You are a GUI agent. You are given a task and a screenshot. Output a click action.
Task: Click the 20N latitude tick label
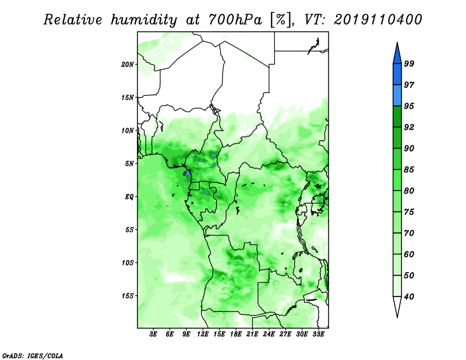[x=128, y=65]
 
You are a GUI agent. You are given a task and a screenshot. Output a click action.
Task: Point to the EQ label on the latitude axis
[x=129, y=197]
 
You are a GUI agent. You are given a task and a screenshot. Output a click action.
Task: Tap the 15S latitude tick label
[x=128, y=296]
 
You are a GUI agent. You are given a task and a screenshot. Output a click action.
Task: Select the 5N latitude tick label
[x=129, y=164]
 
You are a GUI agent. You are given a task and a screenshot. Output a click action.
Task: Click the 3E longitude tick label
[x=153, y=334]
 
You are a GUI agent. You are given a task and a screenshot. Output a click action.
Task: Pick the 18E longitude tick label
[x=236, y=334]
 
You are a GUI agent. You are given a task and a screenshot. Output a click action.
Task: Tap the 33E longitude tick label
[x=318, y=334]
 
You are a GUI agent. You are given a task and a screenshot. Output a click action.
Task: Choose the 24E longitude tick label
[x=269, y=334]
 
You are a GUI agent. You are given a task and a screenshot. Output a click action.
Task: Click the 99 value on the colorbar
[x=409, y=63]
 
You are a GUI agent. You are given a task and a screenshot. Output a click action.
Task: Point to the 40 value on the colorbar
[x=409, y=297]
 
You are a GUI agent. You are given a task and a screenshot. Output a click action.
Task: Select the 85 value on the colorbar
[x=409, y=170]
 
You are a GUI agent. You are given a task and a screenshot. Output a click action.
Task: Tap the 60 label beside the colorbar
[x=409, y=254]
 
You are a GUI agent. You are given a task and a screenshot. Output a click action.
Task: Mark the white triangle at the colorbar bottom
[x=397, y=306]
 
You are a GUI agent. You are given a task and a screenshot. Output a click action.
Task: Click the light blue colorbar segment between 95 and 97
[x=397, y=96]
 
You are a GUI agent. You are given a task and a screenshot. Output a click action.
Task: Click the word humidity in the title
[x=144, y=20]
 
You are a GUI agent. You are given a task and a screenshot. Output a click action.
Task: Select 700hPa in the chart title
[x=235, y=20]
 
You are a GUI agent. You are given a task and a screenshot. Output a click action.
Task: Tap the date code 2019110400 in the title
[x=377, y=20]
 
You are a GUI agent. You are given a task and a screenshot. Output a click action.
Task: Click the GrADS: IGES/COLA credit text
[x=33, y=355]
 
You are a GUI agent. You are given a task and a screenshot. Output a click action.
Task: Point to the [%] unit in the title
[x=280, y=20]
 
